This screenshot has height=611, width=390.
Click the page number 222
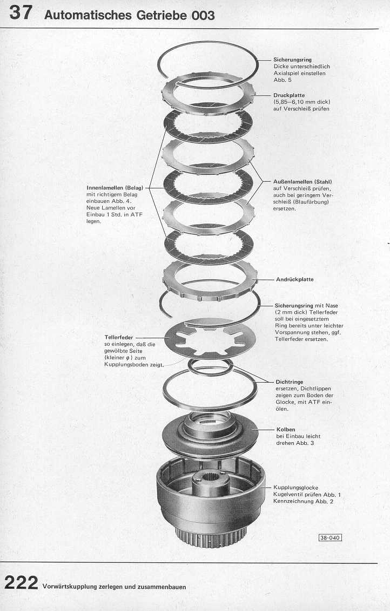tap(21, 583)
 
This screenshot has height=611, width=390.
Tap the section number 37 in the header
tap(21, 12)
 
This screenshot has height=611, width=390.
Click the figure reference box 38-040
tap(330, 538)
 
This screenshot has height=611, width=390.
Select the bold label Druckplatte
tap(289, 95)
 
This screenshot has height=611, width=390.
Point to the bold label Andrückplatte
tap(295, 279)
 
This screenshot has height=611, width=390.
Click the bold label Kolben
tap(286, 429)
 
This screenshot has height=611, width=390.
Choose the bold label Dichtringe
tap(290, 382)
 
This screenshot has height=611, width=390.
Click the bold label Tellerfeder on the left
tap(119, 338)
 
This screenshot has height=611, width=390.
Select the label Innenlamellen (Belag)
tap(115, 188)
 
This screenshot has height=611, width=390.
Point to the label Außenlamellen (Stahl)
tap(302, 182)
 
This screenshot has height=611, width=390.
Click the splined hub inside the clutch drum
tap(211, 483)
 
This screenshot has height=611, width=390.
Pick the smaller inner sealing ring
tap(210, 367)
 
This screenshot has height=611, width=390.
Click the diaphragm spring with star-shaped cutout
tap(210, 340)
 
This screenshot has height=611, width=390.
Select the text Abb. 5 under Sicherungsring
tap(283, 80)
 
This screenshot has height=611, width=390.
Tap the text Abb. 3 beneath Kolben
tap(306, 443)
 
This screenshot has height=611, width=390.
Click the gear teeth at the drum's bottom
tap(210, 538)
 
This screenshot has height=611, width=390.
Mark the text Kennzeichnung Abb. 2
tap(303, 502)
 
